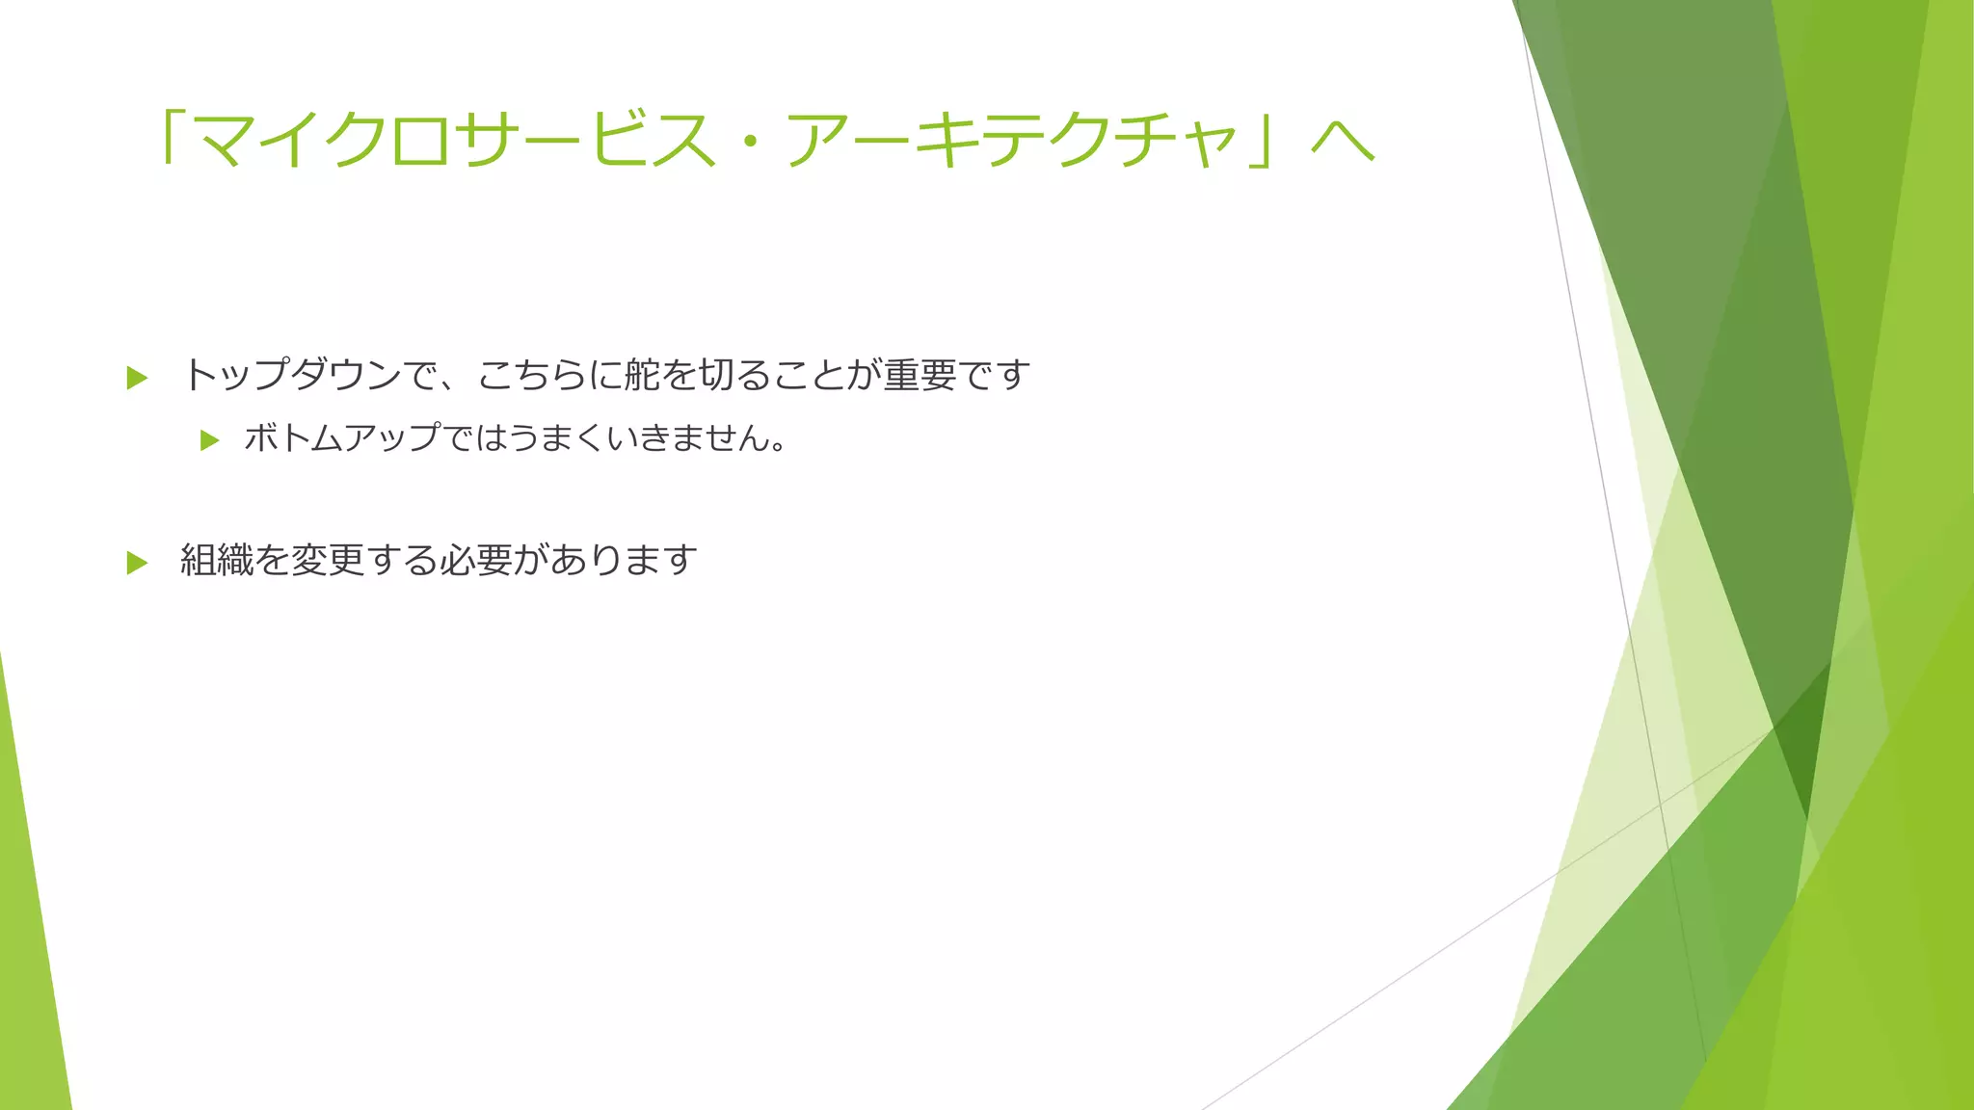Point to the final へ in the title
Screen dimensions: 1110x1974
[x=1342, y=143]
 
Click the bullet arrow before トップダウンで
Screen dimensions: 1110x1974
[x=137, y=378]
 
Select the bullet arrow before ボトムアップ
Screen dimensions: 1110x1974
[x=209, y=441]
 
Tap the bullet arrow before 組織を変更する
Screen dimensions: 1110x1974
[x=137, y=563]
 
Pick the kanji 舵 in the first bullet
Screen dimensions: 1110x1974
[x=642, y=375]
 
